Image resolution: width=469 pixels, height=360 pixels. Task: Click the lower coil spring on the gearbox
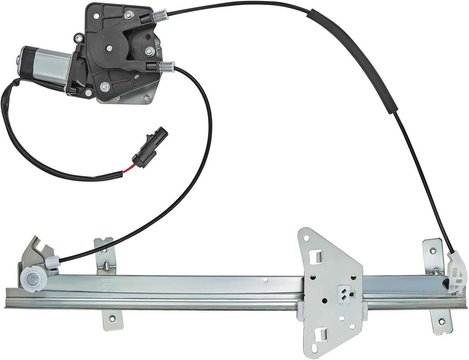pyautogui.click(x=167, y=66)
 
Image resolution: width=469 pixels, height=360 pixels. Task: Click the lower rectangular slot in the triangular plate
pyautogui.click(x=323, y=334)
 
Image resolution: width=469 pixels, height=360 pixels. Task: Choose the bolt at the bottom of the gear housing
pyautogui.click(x=104, y=87)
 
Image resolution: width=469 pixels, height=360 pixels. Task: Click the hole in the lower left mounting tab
pyautogui.click(x=112, y=318)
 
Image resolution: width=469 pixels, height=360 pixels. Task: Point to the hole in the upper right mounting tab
pyautogui.click(x=433, y=251)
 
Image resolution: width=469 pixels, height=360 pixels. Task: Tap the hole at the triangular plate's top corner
pyautogui.click(x=307, y=238)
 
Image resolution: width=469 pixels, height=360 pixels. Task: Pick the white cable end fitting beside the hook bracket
pyautogui.click(x=53, y=261)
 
